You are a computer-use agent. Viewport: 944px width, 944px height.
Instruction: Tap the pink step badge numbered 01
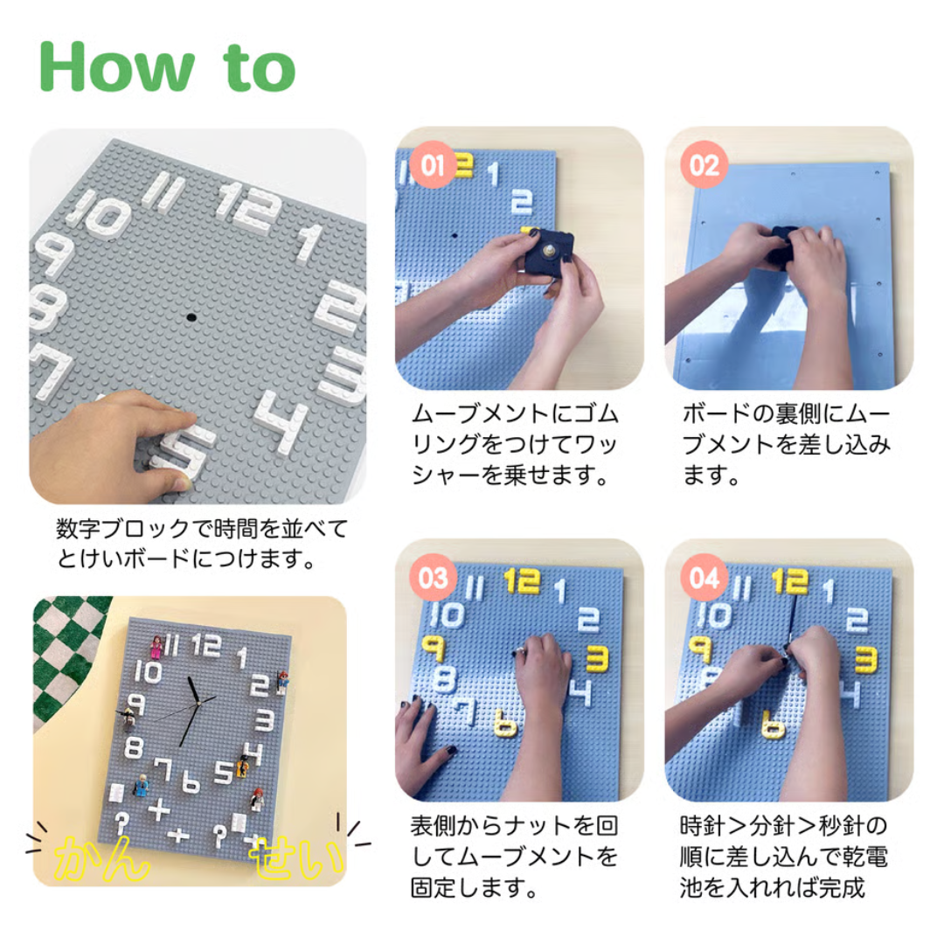click(433, 165)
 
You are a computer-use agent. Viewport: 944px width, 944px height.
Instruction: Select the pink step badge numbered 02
click(704, 165)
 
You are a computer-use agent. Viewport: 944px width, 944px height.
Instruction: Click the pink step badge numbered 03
click(433, 578)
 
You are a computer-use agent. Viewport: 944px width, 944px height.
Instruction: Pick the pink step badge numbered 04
click(704, 578)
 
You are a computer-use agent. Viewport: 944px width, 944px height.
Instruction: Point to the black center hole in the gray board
click(191, 316)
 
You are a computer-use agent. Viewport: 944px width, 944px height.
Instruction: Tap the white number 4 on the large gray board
click(281, 421)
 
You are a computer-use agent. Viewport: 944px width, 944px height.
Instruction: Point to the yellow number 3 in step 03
click(597, 657)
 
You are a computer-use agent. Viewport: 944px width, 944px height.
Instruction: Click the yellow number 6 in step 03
click(504, 723)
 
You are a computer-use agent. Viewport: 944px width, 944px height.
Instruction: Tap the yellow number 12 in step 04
click(789, 581)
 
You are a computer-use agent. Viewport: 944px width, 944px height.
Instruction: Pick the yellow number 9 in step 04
click(700, 649)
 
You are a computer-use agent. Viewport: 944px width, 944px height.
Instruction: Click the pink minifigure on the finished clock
click(156, 647)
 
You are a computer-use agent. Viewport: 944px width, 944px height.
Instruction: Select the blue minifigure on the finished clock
click(141, 785)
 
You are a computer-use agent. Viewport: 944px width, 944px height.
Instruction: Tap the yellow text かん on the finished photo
click(101, 858)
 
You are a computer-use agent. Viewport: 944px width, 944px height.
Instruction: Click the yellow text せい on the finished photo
click(297, 856)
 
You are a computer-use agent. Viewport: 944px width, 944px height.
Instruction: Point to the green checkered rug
click(63, 656)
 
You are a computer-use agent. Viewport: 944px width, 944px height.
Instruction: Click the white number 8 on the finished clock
click(134, 747)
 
